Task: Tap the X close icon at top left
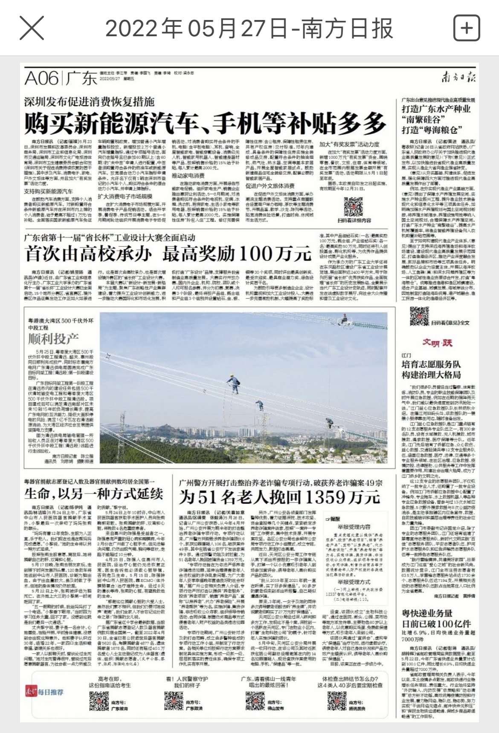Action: [x=32, y=28]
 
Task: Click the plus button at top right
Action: [x=467, y=28]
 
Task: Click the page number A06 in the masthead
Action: [x=41, y=78]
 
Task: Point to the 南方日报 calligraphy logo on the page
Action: [x=458, y=77]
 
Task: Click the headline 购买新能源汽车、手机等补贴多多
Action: [x=205, y=123]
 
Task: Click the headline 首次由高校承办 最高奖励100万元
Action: [x=168, y=254]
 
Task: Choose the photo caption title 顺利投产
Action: [x=53, y=339]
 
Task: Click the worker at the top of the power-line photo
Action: [x=344, y=318]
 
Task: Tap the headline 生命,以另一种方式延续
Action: [x=94, y=493]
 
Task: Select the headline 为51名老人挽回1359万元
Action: [x=279, y=497]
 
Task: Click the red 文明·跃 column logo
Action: [x=437, y=343]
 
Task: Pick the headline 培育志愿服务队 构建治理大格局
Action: [x=431, y=369]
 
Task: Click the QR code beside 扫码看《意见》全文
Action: [x=419, y=316]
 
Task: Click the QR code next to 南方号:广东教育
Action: [x=99, y=701]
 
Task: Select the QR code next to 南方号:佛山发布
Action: [x=255, y=701]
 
